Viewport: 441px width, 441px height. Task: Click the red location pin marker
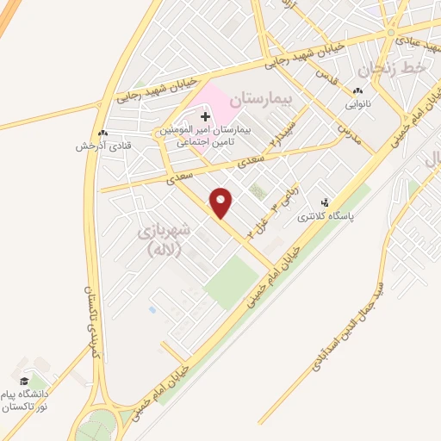tap(222, 202)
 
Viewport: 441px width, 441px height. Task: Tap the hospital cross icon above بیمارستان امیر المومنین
tap(205, 115)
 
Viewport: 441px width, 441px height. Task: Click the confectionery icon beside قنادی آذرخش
tap(102, 134)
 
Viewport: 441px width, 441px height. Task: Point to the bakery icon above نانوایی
tap(357, 91)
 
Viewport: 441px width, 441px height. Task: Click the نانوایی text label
tap(357, 104)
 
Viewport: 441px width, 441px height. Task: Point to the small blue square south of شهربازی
tap(152, 308)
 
